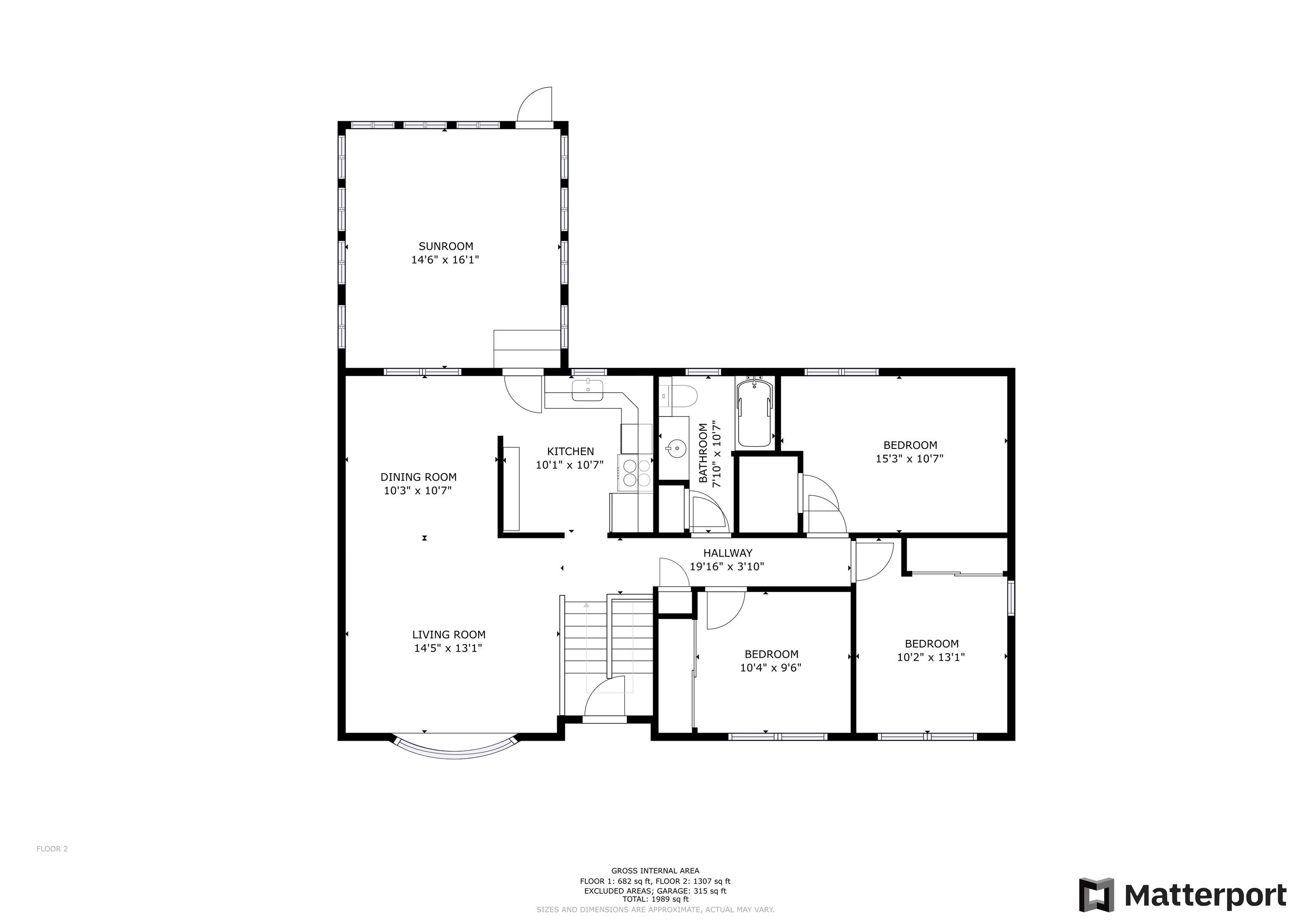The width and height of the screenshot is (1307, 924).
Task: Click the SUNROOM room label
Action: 446,246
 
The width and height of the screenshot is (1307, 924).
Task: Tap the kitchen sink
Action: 588,390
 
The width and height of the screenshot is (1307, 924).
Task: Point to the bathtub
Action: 755,414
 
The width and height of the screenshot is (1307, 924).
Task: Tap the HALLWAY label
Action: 728,553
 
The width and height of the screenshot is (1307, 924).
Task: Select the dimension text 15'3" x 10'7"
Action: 910,459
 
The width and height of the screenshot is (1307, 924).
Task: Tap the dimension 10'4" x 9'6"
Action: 771,668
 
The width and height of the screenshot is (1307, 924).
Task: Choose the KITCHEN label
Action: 571,451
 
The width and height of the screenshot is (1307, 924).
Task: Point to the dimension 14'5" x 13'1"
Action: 448,648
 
